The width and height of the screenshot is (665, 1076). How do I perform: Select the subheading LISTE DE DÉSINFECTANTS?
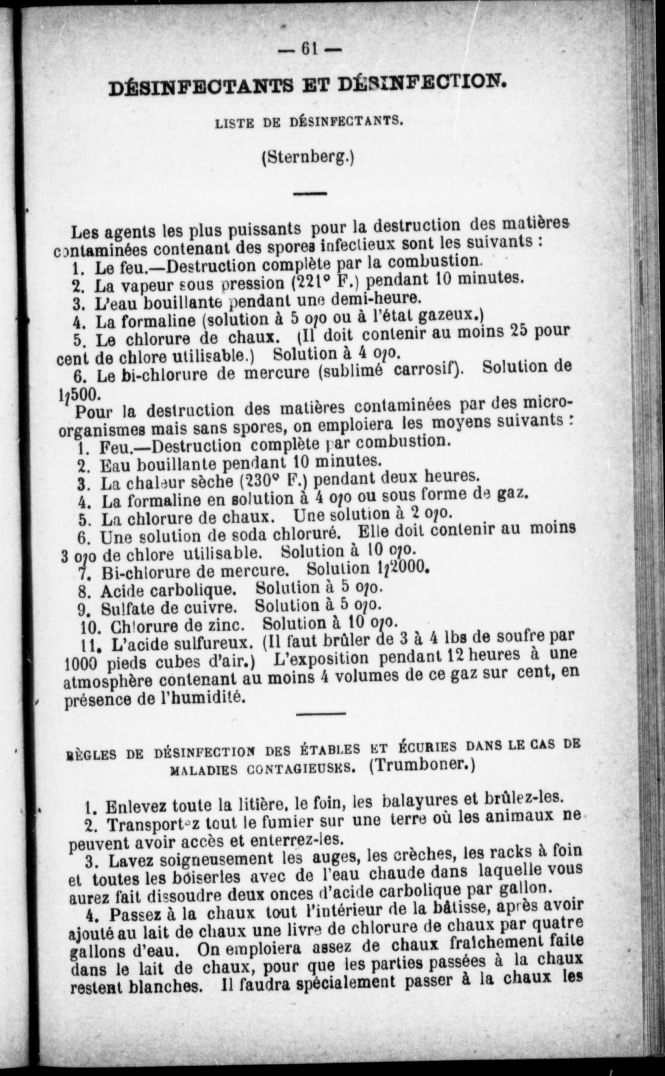coord(307,122)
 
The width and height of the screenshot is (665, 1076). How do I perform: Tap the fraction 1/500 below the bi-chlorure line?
coord(79,393)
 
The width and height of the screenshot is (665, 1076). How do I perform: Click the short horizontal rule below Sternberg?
coord(310,193)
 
